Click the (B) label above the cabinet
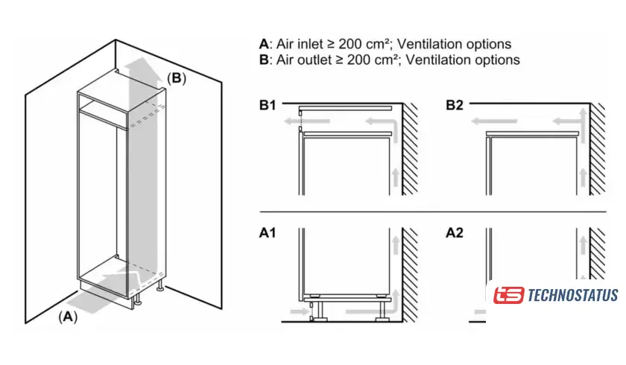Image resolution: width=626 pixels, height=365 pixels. point(176,77)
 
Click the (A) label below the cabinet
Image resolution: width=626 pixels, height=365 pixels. point(68,316)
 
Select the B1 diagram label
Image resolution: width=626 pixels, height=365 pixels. point(268,105)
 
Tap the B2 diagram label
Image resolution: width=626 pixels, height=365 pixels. point(455,105)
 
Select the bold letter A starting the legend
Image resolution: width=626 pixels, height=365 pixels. point(263,44)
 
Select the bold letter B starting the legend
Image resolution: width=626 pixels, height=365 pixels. point(263,60)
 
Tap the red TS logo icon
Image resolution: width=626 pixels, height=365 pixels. point(509,295)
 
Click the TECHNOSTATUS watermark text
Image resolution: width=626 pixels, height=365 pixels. point(572,295)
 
